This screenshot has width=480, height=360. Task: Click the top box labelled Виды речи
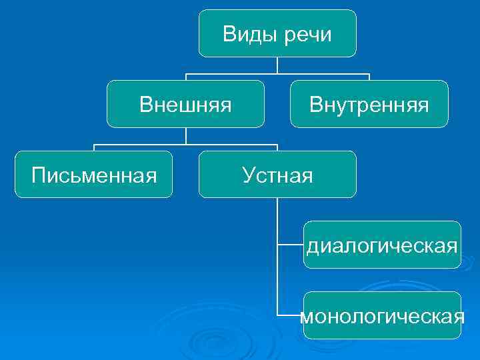277,33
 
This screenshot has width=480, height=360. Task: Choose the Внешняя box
185,104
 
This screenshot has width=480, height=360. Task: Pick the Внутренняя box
369,104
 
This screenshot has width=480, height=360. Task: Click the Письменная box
94,175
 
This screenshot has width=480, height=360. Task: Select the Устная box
277,175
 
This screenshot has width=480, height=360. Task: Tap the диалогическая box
382,245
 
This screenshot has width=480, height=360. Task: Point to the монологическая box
382,315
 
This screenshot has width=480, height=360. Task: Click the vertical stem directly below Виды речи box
277,65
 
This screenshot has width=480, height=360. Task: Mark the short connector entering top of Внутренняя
369,77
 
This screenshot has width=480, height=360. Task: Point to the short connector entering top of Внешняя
185,77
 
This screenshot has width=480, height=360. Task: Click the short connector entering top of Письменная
94,147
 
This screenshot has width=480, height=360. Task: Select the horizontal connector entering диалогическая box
290,245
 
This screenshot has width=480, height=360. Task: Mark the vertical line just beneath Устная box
277,213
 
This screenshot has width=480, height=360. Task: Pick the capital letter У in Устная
249,175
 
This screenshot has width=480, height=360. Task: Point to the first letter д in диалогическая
312,247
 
